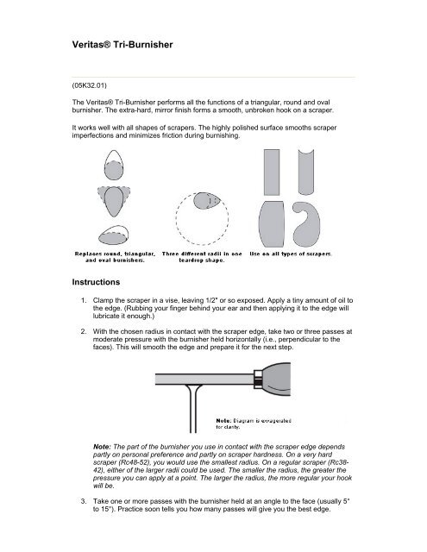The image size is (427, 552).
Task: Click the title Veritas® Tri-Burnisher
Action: click(x=122, y=45)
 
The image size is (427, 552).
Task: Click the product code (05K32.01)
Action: click(x=90, y=85)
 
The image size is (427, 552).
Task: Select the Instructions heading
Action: click(x=96, y=282)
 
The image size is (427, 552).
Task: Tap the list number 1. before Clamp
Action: click(x=84, y=300)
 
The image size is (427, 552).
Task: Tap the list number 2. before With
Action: click(x=84, y=331)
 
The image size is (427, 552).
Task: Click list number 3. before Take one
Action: click(x=84, y=501)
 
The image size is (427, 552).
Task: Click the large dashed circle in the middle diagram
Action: click(x=176, y=218)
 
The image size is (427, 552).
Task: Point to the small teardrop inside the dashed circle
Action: click(x=207, y=201)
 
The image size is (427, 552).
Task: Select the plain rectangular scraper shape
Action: click(x=272, y=172)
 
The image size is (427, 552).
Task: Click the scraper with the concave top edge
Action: click(x=306, y=173)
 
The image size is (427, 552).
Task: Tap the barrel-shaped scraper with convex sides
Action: click(x=272, y=224)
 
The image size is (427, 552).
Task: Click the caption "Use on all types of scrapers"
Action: click(x=290, y=254)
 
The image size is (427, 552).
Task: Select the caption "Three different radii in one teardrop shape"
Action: click(x=202, y=257)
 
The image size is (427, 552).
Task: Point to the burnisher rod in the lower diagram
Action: click(x=204, y=379)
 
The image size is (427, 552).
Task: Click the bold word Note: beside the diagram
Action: click(x=223, y=420)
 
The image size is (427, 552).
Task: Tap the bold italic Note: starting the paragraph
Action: click(x=102, y=447)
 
